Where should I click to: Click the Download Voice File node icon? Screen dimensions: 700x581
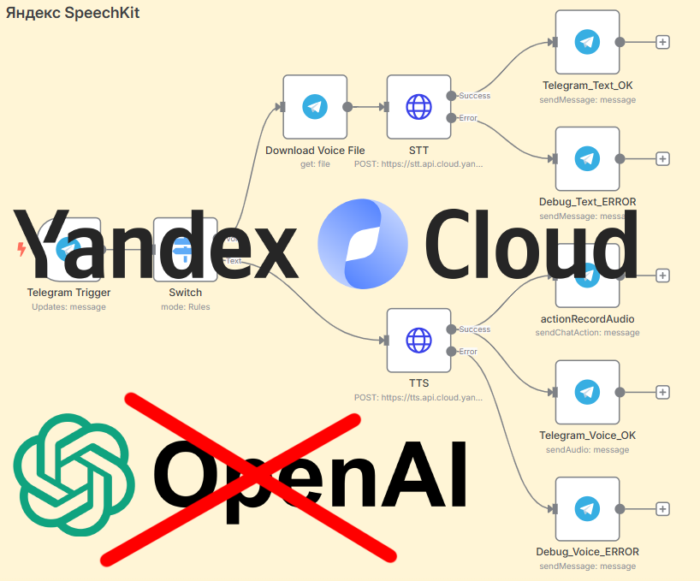point(315,107)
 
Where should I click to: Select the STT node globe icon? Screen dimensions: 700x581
point(418,107)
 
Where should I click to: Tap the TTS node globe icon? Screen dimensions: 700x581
point(418,340)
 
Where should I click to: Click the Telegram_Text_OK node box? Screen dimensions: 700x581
point(587,42)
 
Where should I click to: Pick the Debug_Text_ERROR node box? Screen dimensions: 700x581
point(587,158)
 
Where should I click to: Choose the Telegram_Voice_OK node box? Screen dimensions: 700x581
point(587,392)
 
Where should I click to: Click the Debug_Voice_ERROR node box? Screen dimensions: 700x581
point(587,508)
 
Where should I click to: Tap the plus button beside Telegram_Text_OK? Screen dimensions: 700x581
point(661,42)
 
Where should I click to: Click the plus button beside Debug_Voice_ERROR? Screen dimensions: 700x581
point(661,508)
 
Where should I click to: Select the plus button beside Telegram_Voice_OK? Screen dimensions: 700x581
point(661,392)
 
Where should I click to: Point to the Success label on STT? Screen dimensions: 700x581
point(475,96)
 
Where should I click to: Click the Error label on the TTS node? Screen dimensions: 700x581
point(468,352)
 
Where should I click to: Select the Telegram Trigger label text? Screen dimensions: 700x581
point(68,293)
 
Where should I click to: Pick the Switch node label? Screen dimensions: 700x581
point(186,293)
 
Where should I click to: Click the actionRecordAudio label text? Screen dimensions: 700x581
point(587,319)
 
